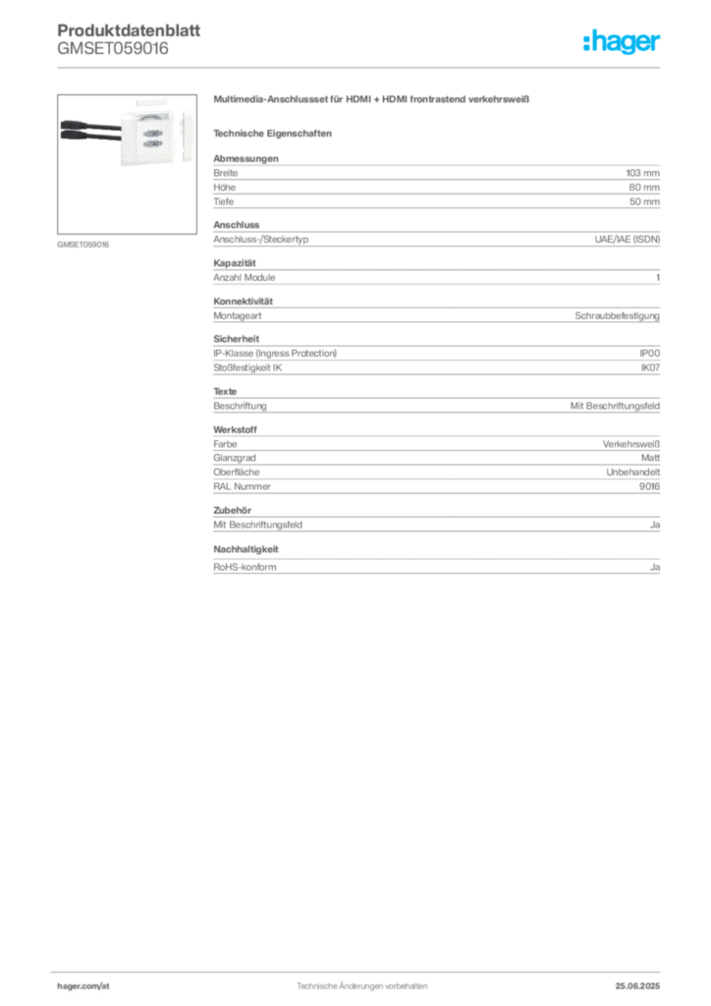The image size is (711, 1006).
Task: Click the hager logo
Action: click(x=622, y=41)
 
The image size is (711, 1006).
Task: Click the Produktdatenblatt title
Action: click(x=129, y=30)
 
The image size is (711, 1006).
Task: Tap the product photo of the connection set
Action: click(x=127, y=164)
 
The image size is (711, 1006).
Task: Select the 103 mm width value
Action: click(x=642, y=173)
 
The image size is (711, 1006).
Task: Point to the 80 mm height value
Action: click(x=643, y=188)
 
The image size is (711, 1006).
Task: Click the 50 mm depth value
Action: click(x=643, y=201)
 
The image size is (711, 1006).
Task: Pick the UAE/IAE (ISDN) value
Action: click(x=627, y=240)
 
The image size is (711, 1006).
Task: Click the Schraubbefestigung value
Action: click(x=617, y=315)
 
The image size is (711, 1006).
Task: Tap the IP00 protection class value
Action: click(x=649, y=354)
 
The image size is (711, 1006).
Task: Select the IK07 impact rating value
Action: click(x=650, y=367)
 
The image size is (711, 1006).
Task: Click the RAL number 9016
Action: click(x=649, y=486)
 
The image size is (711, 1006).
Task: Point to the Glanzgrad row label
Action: click(x=235, y=458)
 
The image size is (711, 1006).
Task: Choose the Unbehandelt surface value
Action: click(x=632, y=473)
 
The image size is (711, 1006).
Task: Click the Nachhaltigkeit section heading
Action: click(x=246, y=549)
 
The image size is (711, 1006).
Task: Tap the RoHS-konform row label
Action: click(x=245, y=567)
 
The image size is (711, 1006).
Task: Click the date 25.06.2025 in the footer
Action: click(x=637, y=986)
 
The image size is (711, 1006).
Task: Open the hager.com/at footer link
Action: click(x=83, y=986)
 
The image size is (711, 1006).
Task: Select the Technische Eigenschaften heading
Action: click(x=272, y=134)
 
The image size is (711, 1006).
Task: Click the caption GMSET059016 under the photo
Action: click(x=82, y=245)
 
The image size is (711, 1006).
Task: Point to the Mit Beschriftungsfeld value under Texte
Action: click(x=615, y=406)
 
